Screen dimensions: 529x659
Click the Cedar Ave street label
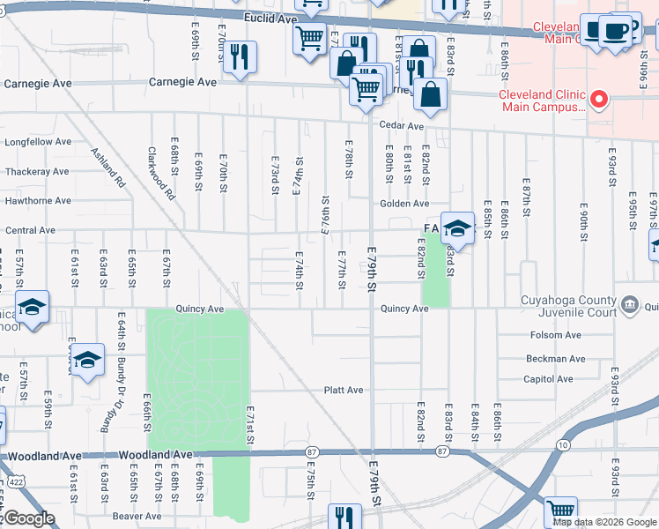click(x=401, y=126)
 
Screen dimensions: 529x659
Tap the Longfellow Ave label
click(x=38, y=141)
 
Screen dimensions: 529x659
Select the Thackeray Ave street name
click(x=38, y=172)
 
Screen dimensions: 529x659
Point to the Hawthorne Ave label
click(x=38, y=201)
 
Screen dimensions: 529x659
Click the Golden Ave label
click(x=404, y=204)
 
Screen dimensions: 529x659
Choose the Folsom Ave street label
click(x=555, y=335)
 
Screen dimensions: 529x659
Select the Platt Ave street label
click(x=344, y=390)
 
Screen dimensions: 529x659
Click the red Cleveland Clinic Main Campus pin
click(x=599, y=100)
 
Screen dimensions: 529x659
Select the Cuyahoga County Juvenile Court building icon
click(x=630, y=306)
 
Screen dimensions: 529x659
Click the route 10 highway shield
click(x=562, y=445)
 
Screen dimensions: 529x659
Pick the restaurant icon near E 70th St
click(x=239, y=58)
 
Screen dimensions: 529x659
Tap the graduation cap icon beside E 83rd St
click(x=457, y=230)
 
